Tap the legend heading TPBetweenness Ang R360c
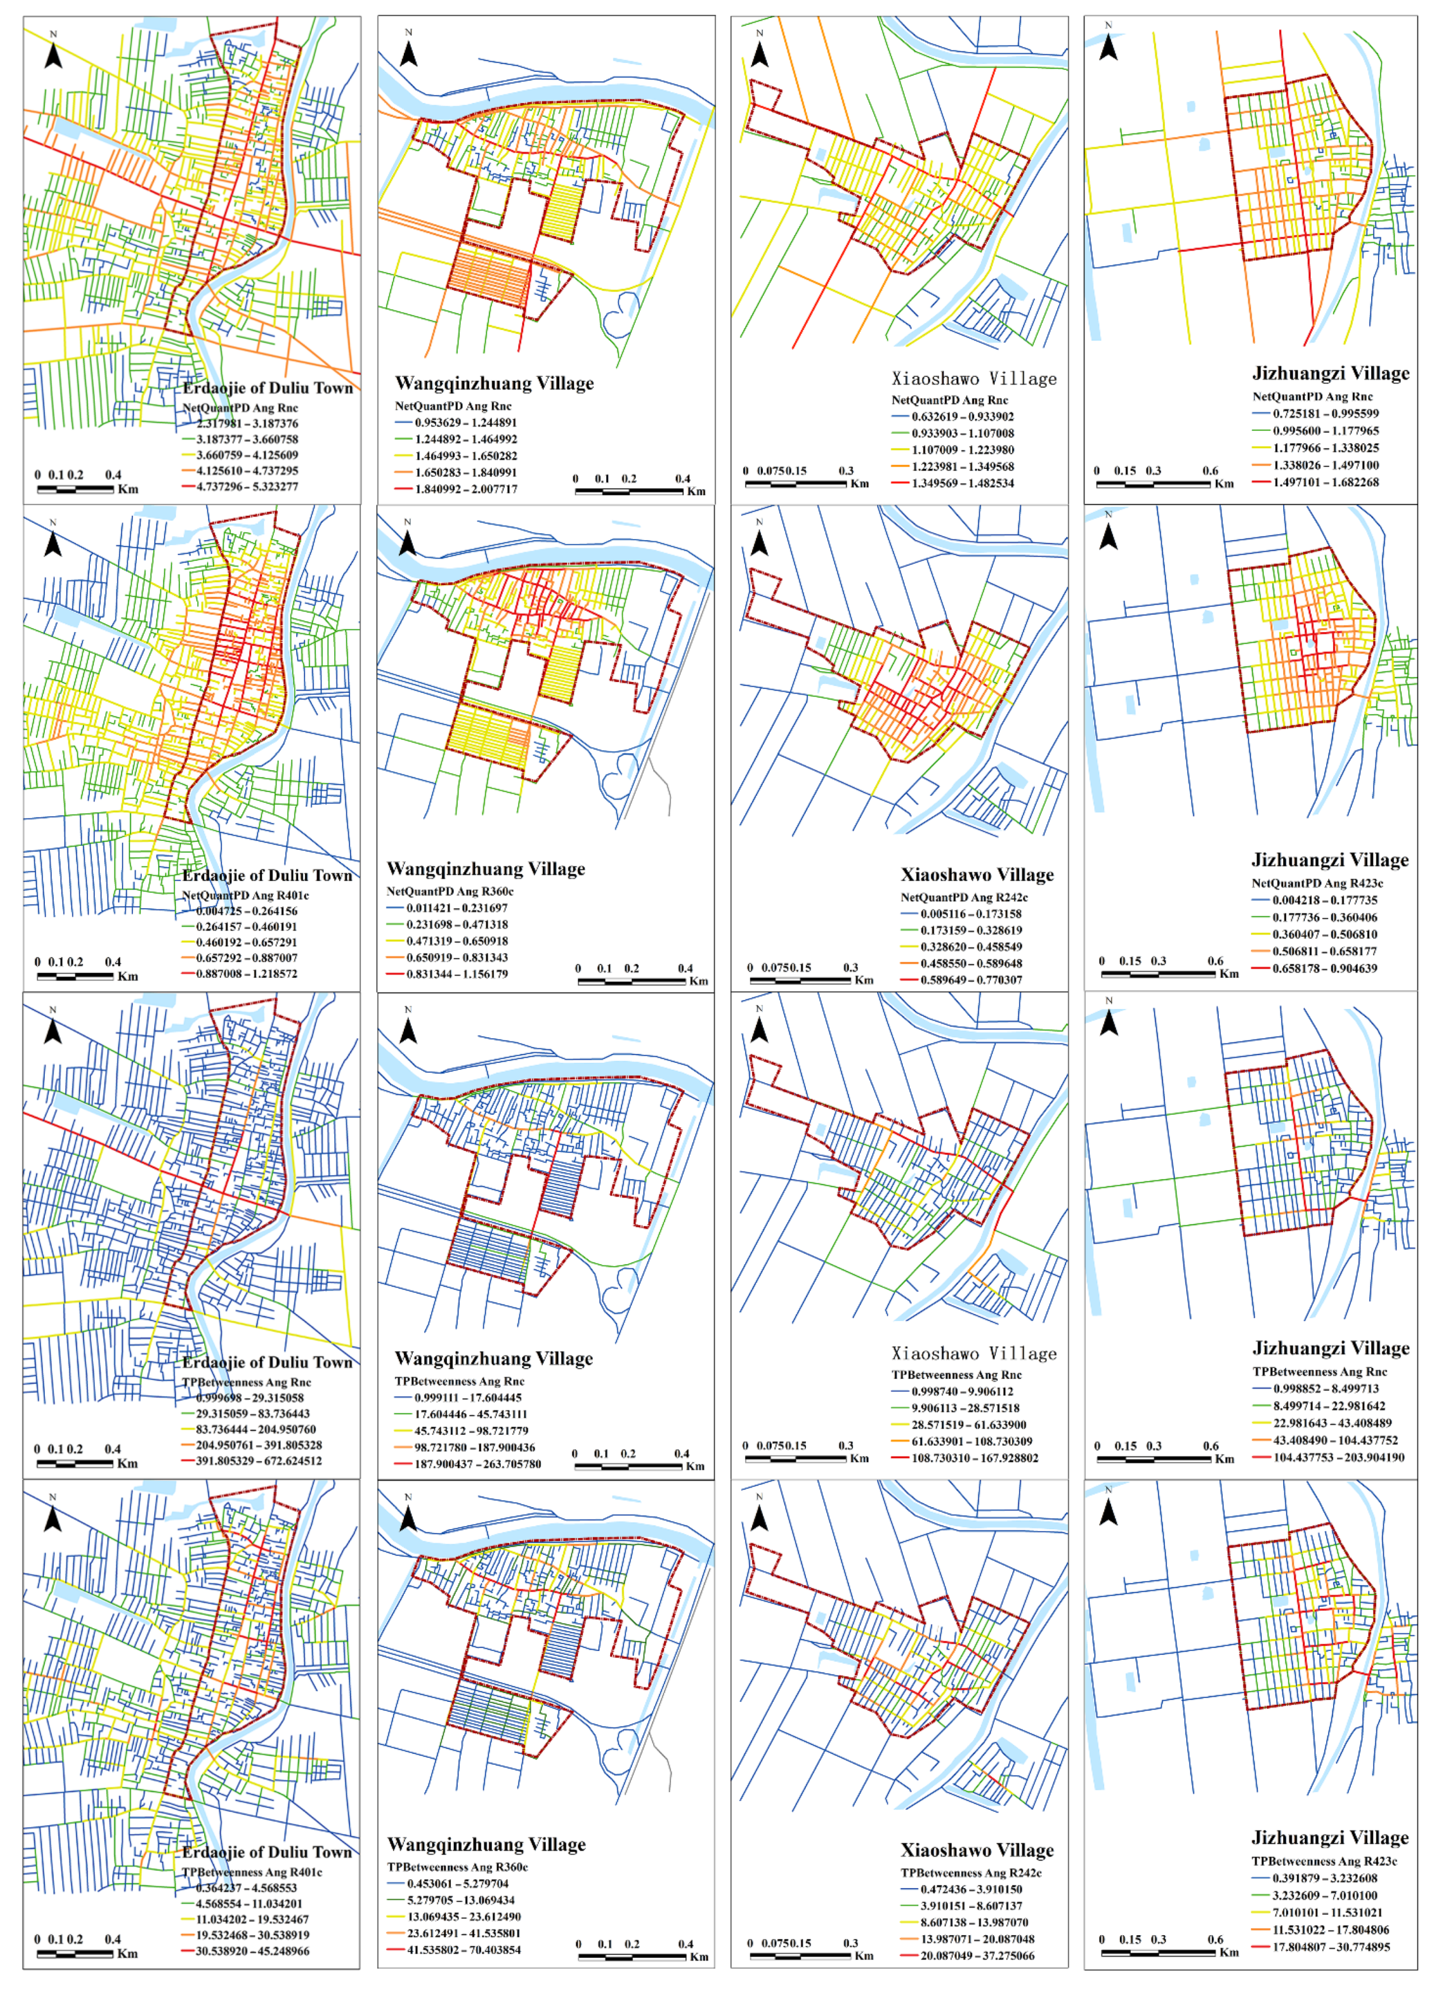pyautogui.click(x=457, y=1867)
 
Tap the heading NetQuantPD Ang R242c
pyautogui.click(x=964, y=897)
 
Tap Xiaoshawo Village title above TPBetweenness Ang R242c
pyautogui.click(x=976, y=1850)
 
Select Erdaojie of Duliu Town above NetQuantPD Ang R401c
pyautogui.click(x=268, y=875)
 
